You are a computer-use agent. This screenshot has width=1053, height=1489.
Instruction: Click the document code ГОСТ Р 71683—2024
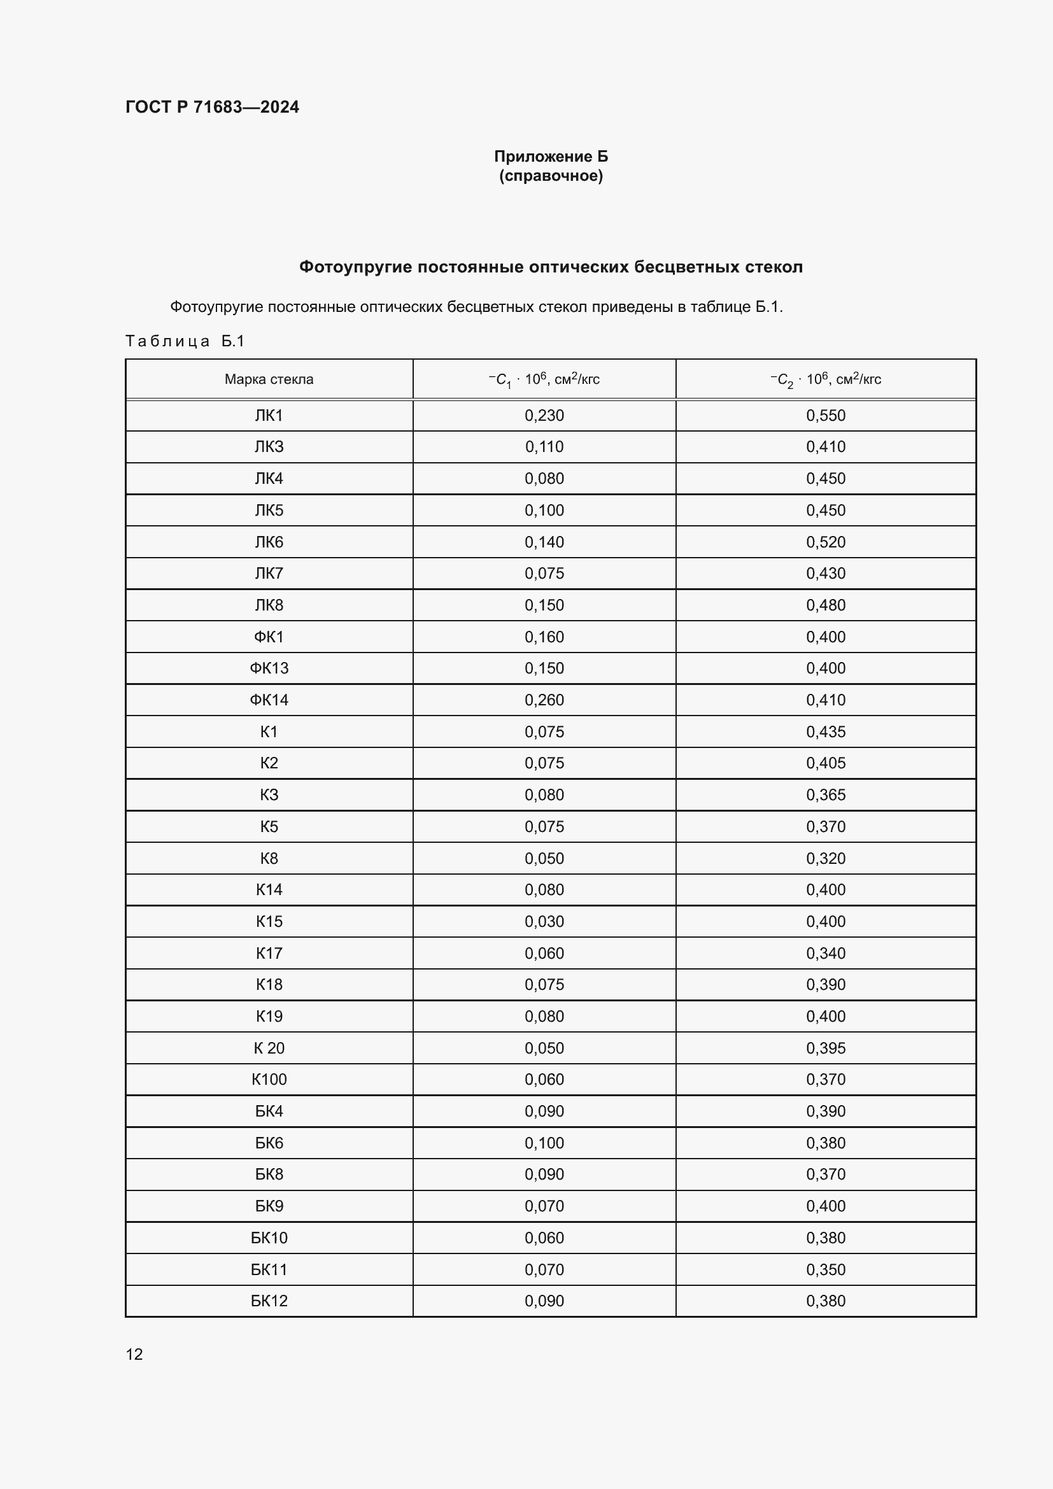[x=212, y=107]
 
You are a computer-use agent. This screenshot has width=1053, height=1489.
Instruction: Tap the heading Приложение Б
[x=551, y=157]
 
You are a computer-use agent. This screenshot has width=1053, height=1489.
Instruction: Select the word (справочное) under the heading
[x=551, y=176]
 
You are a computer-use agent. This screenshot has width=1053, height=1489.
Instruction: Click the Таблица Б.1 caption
[x=185, y=341]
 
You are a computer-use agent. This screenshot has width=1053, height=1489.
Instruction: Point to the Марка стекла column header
[x=269, y=379]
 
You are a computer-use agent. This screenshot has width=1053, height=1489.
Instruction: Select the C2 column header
[x=826, y=379]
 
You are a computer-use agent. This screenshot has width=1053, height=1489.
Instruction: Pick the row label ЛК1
[x=269, y=416]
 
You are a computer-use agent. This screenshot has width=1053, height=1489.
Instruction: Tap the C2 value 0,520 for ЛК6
[x=826, y=542]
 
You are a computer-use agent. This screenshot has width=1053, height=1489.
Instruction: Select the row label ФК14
[x=269, y=700]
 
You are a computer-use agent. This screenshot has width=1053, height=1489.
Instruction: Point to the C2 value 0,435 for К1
[x=826, y=732]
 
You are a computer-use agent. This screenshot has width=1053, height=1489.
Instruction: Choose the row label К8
[x=269, y=859]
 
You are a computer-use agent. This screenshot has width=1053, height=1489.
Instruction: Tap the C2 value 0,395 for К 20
[x=826, y=1048]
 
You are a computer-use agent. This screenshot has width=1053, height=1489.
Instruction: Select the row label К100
[x=269, y=1080]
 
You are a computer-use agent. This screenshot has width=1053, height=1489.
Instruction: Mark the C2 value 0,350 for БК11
[x=826, y=1269]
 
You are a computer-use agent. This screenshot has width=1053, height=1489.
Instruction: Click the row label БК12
[x=269, y=1301]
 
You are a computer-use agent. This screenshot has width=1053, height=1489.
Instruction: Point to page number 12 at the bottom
[x=134, y=1354]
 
